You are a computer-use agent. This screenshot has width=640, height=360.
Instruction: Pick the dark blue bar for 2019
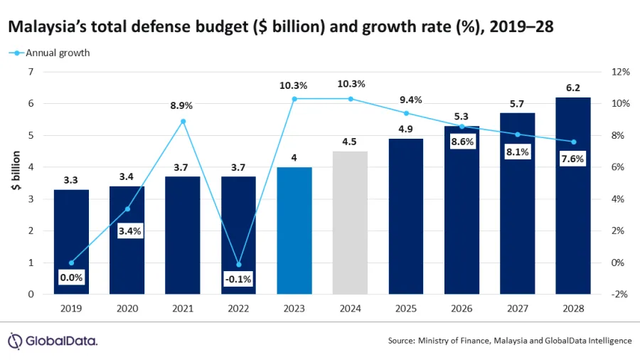pos(71,242)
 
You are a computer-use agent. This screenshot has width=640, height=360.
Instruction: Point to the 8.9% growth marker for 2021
pos(183,121)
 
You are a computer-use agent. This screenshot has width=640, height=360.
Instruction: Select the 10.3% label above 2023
pos(293,85)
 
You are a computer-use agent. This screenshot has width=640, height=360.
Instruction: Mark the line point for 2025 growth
pos(406,113)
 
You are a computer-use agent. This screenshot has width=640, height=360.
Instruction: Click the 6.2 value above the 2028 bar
pos(573,88)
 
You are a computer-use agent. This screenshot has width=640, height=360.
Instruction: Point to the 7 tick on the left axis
pos(31,72)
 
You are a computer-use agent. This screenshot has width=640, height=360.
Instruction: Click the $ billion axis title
pos(14,183)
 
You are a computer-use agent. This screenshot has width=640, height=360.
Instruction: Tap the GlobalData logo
pos(53,340)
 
